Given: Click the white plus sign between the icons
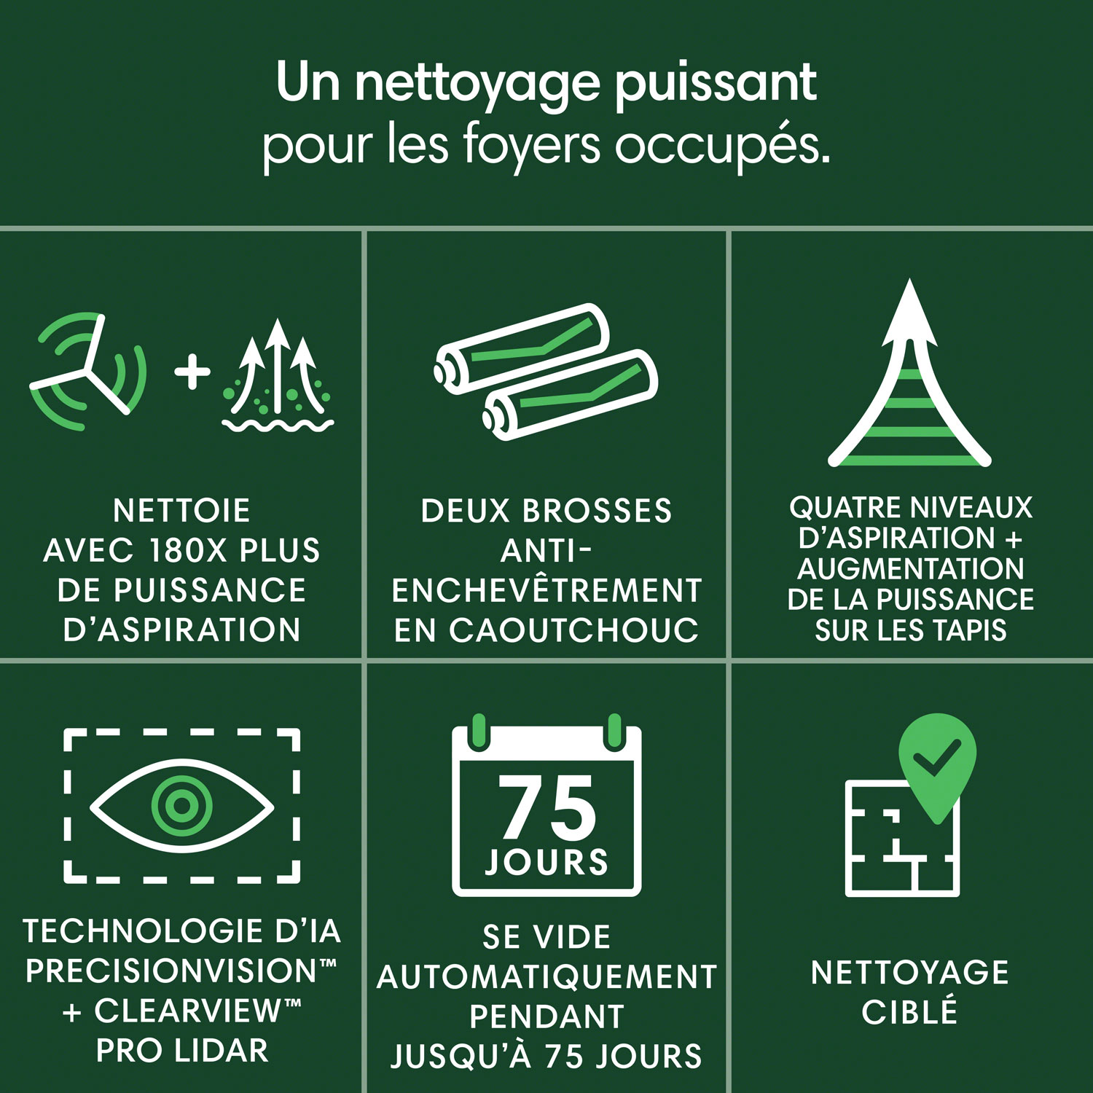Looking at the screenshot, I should pyautogui.click(x=192, y=372).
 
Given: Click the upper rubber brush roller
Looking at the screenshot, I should pyautogui.click(x=522, y=348).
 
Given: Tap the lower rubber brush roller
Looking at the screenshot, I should pyautogui.click(x=571, y=394).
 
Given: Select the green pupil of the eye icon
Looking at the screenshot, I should pyautogui.click(x=181, y=805).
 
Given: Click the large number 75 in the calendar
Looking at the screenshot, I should pyautogui.click(x=547, y=807).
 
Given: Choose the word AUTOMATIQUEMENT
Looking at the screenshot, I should pyautogui.click(x=546, y=977).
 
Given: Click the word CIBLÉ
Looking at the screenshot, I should pyautogui.click(x=909, y=1012).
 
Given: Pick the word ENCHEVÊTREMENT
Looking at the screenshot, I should pyautogui.click(x=546, y=591).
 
